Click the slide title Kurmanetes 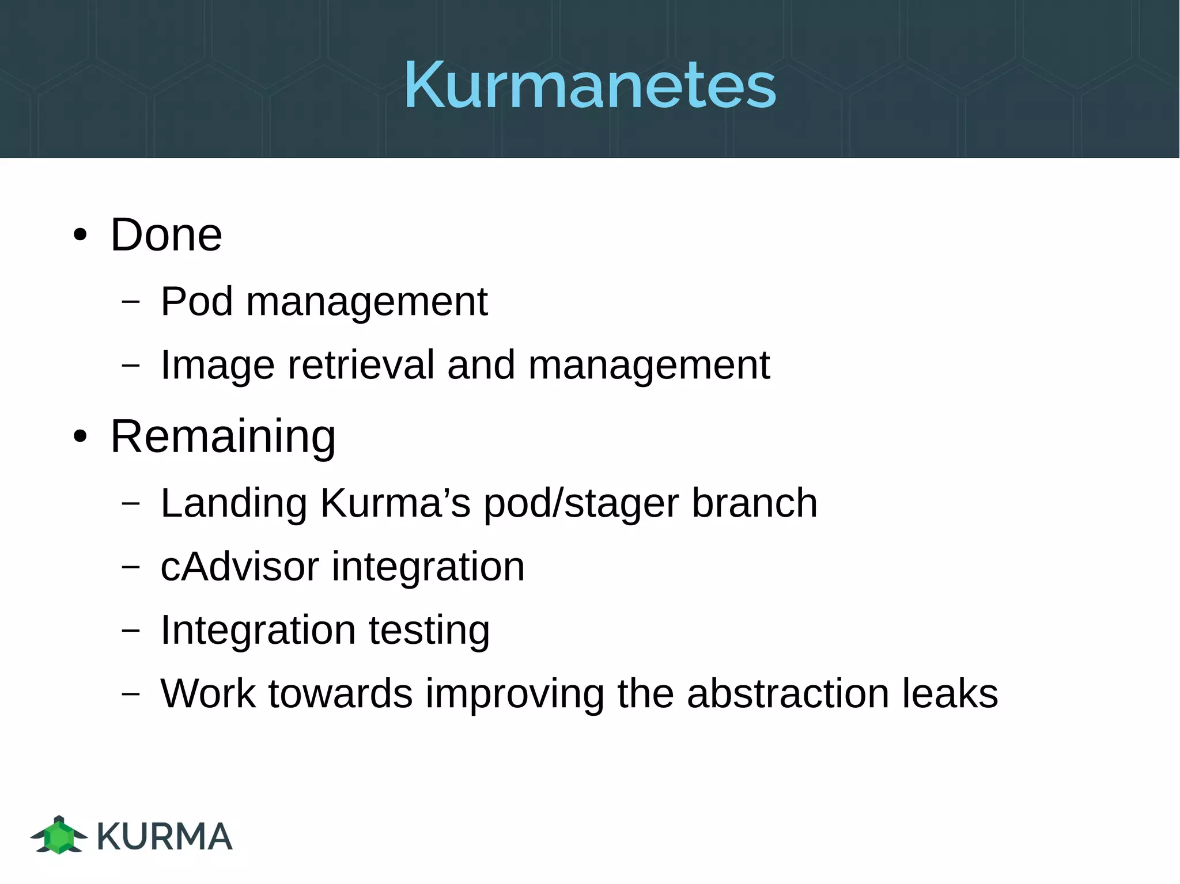click(x=589, y=85)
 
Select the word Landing click(x=233, y=504)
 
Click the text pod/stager click(x=581, y=504)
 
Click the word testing click(x=429, y=631)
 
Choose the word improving click(x=515, y=694)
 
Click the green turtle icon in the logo click(x=59, y=835)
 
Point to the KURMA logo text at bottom click(x=165, y=836)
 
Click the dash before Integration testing click(x=131, y=629)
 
